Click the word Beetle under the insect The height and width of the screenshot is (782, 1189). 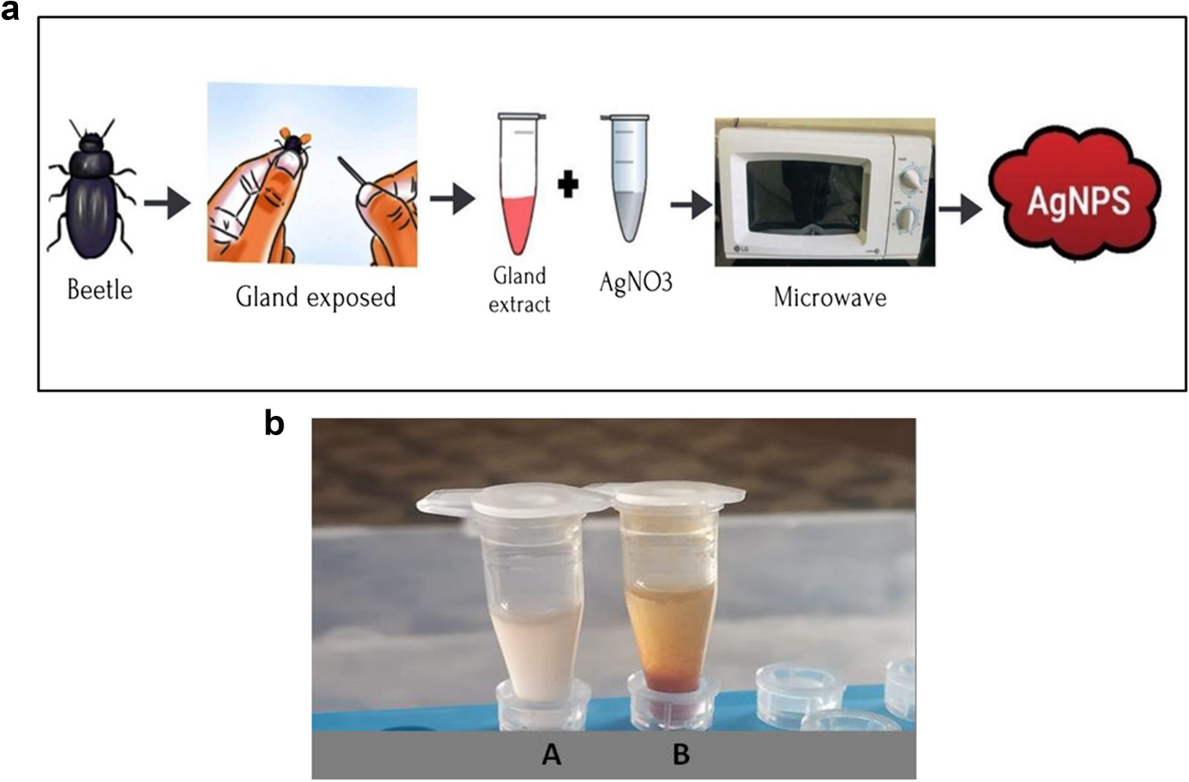99,290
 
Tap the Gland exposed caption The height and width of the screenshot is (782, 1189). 316,296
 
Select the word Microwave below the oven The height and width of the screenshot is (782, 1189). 829,297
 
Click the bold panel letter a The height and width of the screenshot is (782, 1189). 11,11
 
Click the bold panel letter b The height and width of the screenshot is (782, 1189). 274,424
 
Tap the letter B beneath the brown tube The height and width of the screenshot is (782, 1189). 681,755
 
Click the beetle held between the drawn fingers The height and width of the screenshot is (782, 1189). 295,144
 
